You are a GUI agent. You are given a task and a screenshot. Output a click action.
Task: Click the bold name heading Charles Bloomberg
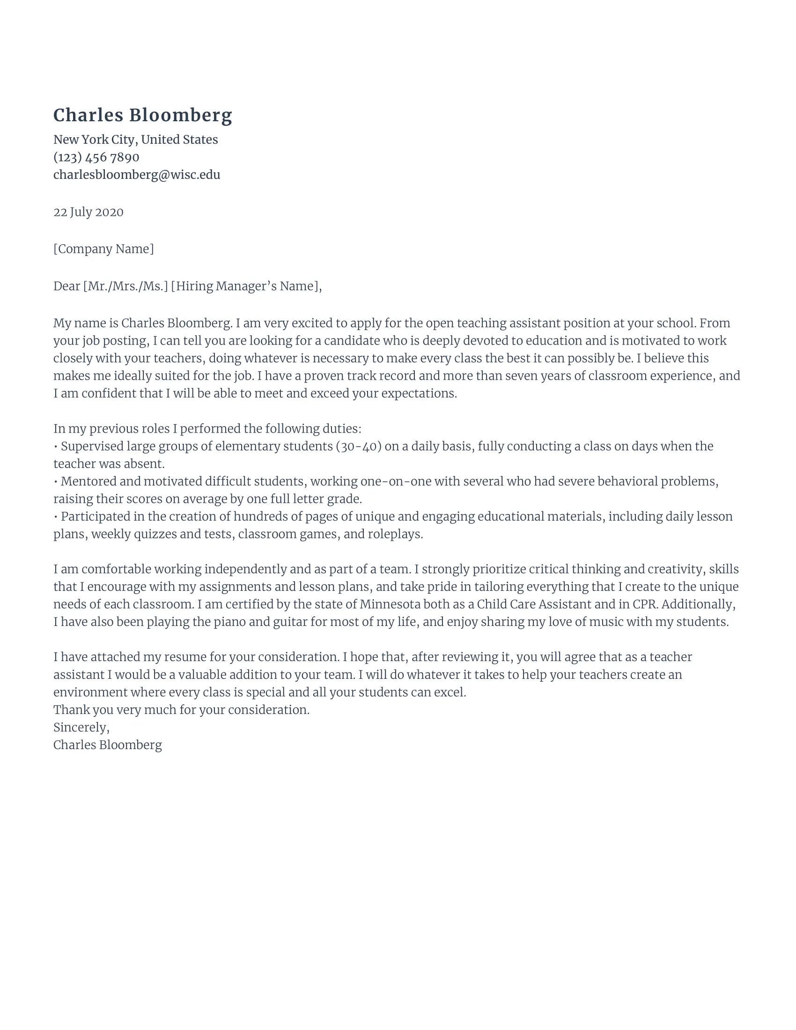tap(142, 116)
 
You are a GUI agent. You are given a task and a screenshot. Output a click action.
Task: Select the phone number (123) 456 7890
tap(96, 157)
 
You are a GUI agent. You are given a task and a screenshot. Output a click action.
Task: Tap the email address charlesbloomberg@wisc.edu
tap(137, 175)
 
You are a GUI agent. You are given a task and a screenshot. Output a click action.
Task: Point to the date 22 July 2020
tap(88, 212)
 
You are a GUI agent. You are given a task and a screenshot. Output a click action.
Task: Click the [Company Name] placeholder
tap(103, 249)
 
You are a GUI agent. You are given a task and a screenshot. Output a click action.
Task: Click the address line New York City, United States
tap(135, 140)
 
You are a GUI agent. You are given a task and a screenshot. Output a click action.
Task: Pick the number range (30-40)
tap(358, 446)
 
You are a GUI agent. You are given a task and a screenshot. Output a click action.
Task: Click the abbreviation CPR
tap(644, 604)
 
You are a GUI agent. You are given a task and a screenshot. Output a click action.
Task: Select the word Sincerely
tap(81, 727)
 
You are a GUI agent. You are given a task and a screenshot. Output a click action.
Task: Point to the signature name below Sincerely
tap(108, 745)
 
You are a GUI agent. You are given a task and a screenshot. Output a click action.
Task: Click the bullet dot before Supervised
tap(56, 447)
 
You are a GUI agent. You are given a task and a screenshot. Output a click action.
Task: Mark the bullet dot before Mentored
tap(56, 482)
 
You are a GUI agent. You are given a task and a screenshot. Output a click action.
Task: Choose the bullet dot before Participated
tap(56, 517)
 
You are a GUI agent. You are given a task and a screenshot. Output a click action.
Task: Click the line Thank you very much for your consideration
tap(182, 710)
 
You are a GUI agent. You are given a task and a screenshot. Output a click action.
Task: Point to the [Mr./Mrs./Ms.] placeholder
tap(125, 286)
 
